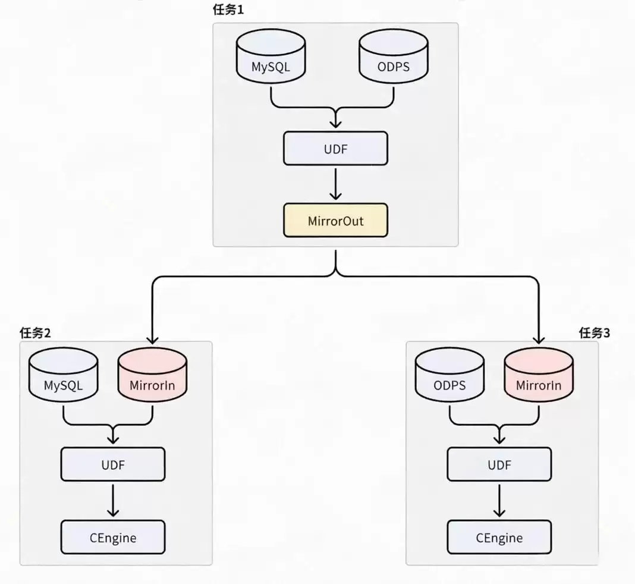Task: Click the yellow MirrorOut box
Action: [x=335, y=221]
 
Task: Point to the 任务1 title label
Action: [x=229, y=10]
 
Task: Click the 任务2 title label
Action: [x=35, y=332]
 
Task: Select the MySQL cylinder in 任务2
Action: [x=63, y=377]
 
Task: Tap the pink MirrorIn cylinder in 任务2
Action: [x=152, y=377]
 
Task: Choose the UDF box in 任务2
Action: [x=113, y=464]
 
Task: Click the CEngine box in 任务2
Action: [x=113, y=538]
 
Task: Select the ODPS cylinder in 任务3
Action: [x=449, y=377]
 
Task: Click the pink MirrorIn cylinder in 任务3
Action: [x=538, y=377]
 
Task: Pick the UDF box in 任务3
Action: [x=499, y=464]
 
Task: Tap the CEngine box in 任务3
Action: [x=499, y=538]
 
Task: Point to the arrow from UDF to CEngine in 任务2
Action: [x=113, y=500]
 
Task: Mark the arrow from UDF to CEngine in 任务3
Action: [x=499, y=500]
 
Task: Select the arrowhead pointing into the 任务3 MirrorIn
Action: [x=538, y=340]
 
